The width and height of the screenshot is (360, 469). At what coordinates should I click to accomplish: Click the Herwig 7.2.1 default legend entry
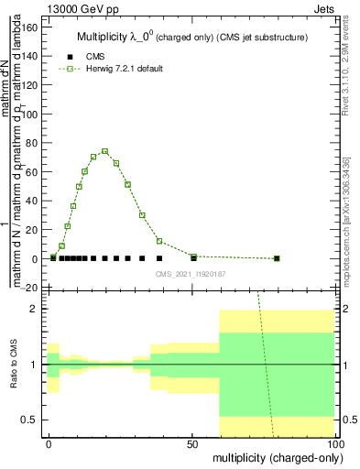click(128, 69)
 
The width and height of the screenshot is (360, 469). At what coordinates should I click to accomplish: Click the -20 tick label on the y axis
click(27, 288)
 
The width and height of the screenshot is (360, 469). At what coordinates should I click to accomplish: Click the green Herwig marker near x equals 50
click(193, 256)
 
